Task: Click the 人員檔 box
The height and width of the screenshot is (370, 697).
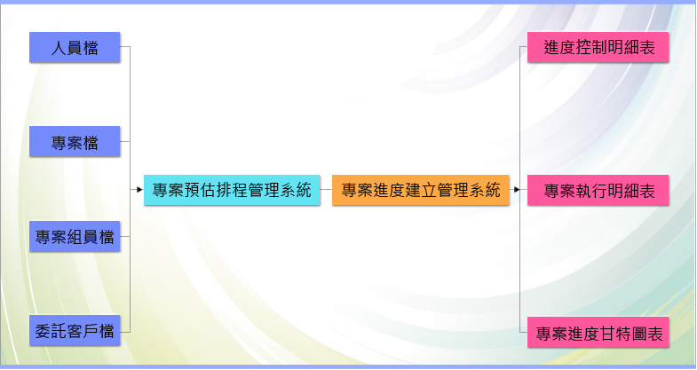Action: click(x=75, y=47)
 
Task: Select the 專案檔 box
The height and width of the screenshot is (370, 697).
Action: click(x=75, y=141)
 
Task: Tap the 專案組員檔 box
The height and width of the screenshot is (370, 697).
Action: click(x=75, y=236)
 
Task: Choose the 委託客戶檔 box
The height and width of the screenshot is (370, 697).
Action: click(x=75, y=330)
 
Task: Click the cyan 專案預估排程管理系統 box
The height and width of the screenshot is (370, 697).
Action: click(x=232, y=190)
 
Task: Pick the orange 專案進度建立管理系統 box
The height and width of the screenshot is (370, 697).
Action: click(x=421, y=190)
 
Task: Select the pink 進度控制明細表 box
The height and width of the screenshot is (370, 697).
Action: click(x=598, y=47)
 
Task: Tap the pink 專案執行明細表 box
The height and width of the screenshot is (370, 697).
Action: click(x=598, y=190)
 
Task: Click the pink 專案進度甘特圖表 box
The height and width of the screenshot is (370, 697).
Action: click(x=598, y=332)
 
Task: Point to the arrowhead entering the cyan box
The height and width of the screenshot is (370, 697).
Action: click(x=140, y=190)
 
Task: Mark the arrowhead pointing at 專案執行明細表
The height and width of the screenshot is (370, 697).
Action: click(x=517, y=190)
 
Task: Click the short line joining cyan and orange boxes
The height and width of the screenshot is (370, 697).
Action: click(x=326, y=190)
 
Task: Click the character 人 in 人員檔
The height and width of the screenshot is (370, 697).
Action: click(x=59, y=48)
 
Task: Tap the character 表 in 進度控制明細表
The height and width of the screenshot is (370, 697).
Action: click(x=647, y=48)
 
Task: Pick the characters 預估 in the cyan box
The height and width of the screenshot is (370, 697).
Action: click(x=200, y=190)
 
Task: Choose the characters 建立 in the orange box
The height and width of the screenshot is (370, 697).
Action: click(x=421, y=190)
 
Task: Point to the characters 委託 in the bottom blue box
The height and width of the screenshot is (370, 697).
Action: click(x=51, y=331)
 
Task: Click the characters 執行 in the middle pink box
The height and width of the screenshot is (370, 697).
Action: click(x=591, y=191)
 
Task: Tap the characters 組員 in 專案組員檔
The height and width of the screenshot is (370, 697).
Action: click(x=83, y=237)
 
